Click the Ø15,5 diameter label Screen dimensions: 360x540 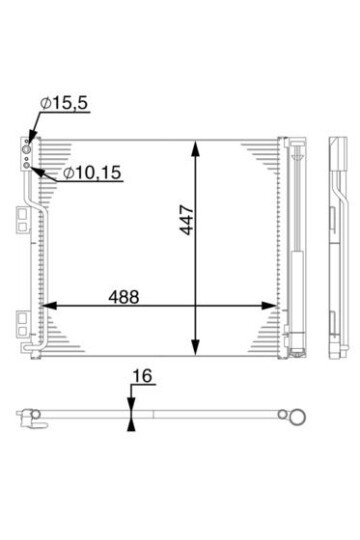pos(64,103)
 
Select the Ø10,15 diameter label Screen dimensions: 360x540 pos(92,173)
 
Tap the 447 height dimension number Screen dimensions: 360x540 pos(187,220)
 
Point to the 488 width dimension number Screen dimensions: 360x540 pos(124,297)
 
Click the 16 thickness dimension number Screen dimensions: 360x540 pos(143,376)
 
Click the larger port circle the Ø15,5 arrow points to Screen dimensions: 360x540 pos(26,149)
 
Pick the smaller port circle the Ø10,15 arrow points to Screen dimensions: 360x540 pos(26,165)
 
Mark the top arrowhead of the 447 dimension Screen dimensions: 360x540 pos(195,149)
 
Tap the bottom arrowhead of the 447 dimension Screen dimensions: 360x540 pos(195,347)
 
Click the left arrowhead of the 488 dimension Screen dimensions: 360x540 pos(49,305)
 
